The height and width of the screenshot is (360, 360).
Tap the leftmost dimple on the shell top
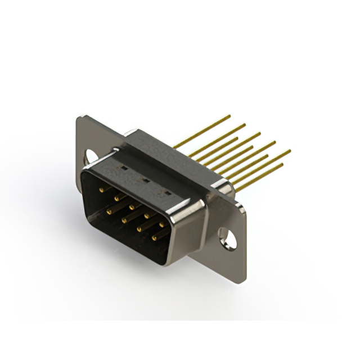[x=121, y=168]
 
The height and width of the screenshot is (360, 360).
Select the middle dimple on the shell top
[x=144, y=181]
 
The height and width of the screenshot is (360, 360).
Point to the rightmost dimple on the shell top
[x=166, y=193]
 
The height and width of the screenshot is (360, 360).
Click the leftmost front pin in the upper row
[x=101, y=190]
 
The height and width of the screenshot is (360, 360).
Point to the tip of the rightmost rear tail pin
[x=290, y=150]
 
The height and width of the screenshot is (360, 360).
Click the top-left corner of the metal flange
[x=79, y=116]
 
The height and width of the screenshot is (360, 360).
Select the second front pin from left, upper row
[x=116, y=198]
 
